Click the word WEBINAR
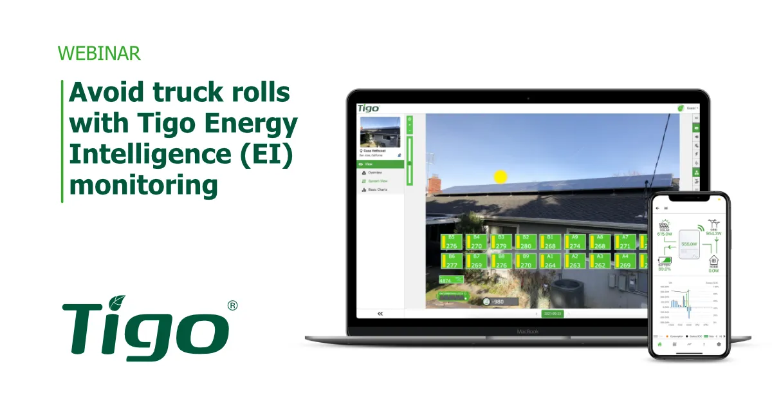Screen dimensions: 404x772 (x=99, y=53)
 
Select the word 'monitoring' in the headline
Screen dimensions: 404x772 (x=143, y=185)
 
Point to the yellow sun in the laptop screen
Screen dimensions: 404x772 (x=500, y=176)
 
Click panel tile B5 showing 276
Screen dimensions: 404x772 (x=451, y=242)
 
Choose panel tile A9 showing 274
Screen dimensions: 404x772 (x=574, y=242)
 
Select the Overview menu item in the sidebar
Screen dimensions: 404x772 (x=374, y=173)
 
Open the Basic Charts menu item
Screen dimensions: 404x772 (x=377, y=189)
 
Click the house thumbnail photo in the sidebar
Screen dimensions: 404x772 (x=380, y=132)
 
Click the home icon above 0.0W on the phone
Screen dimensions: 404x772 (x=713, y=260)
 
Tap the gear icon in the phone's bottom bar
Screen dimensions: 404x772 (x=719, y=345)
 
